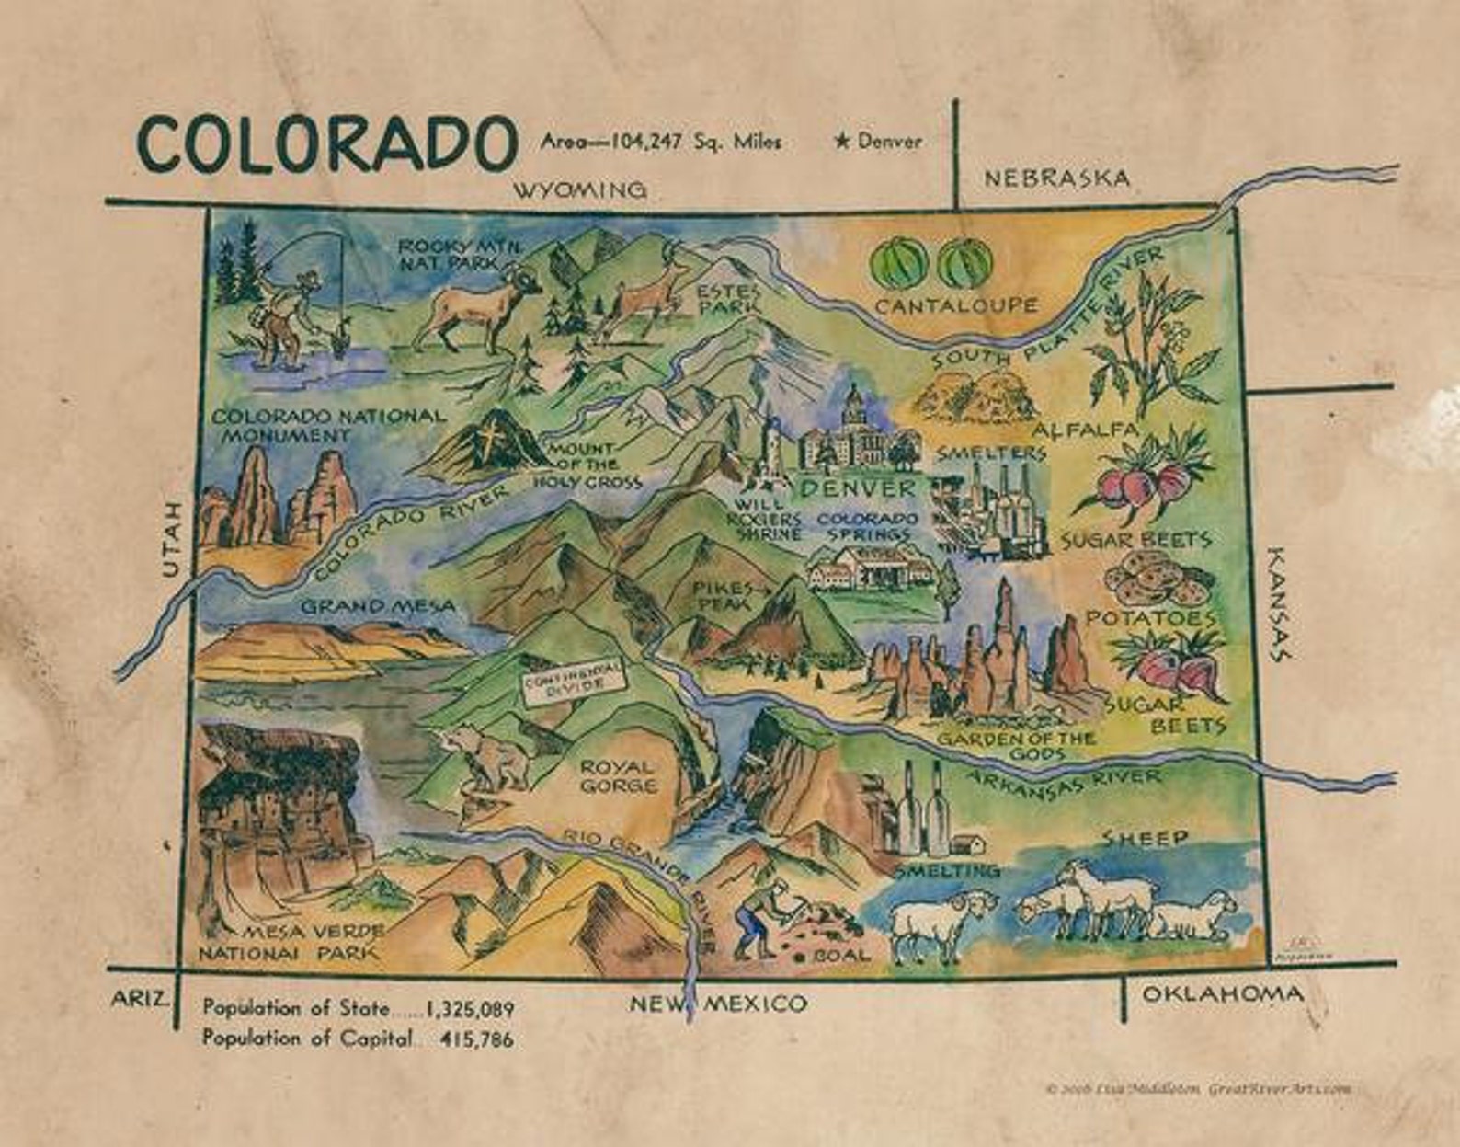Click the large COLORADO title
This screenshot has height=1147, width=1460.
pos(325,143)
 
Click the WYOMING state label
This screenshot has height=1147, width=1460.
pos(579,190)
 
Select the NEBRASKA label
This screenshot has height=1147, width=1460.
pos(1056,178)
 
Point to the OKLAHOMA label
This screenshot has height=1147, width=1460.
pos(1222,993)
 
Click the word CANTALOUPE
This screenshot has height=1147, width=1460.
pos(955,305)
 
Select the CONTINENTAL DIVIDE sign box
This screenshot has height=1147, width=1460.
pos(571,682)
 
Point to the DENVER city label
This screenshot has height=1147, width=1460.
pos(857,487)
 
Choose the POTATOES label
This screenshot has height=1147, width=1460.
pos(1150,618)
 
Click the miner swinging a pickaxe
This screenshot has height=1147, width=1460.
pos(762,916)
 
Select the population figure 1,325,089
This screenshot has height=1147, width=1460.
pos(468,1009)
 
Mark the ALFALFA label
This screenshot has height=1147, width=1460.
pos(1085,430)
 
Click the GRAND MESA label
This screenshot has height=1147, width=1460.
pos(378,606)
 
